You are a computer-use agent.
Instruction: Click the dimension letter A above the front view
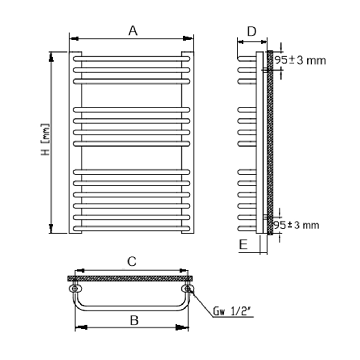[x=133, y=31]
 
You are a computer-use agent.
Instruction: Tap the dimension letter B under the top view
[x=134, y=320]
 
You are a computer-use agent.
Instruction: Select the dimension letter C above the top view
[x=132, y=261]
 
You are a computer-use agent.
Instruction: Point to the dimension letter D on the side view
[x=252, y=31]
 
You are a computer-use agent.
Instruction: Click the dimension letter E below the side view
[x=243, y=244]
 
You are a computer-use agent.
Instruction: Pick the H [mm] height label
[x=45, y=139]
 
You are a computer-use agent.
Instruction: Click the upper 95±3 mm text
[x=300, y=60]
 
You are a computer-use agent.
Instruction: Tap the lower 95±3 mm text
[x=296, y=225]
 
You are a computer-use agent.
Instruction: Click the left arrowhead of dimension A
[x=74, y=39]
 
